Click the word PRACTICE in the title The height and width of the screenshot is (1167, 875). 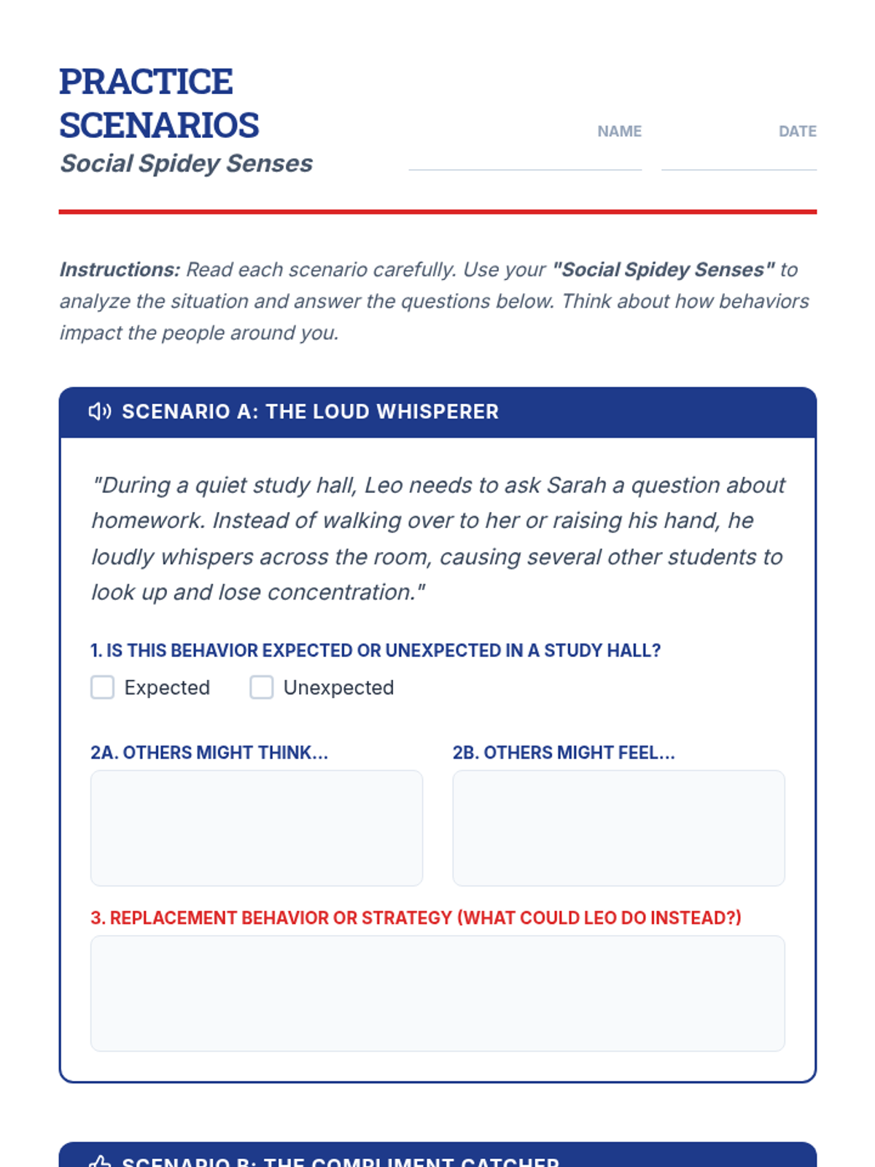tap(146, 82)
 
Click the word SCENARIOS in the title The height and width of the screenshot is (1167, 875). tap(159, 125)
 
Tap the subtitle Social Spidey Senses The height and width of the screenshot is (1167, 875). tap(186, 163)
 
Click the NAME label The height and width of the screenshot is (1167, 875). tap(619, 131)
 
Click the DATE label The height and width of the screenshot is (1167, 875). tap(797, 131)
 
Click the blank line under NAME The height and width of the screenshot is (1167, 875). tap(525, 168)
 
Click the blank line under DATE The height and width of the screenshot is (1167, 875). tap(739, 168)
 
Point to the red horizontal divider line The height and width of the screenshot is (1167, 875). tap(437, 212)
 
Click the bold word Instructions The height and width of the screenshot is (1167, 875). tap(120, 270)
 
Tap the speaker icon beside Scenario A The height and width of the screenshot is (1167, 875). tap(100, 411)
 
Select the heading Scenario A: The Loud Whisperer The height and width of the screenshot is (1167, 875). tap(310, 411)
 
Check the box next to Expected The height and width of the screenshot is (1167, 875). tap(102, 687)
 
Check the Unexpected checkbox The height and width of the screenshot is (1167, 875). tap(261, 687)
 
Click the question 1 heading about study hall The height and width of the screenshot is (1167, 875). tap(375, 651)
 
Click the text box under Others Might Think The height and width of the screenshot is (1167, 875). tap(256, 828)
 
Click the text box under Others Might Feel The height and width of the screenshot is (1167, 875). tap(618, 828)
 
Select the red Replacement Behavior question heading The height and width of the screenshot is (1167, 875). tap(416, 918)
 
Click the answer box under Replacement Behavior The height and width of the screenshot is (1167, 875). tap(437, 993)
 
